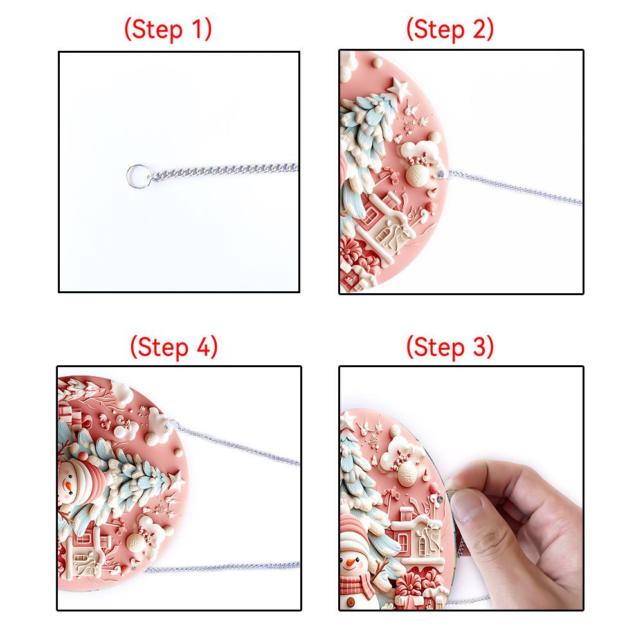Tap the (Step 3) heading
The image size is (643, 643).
click(x=450, y=347)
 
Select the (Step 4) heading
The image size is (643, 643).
click(x=174, y=347)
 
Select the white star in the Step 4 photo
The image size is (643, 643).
click(x=177, y=480)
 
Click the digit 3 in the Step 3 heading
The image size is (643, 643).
click(x=480, y=347)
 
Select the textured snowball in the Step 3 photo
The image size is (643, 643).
click(x=406, y=472)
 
